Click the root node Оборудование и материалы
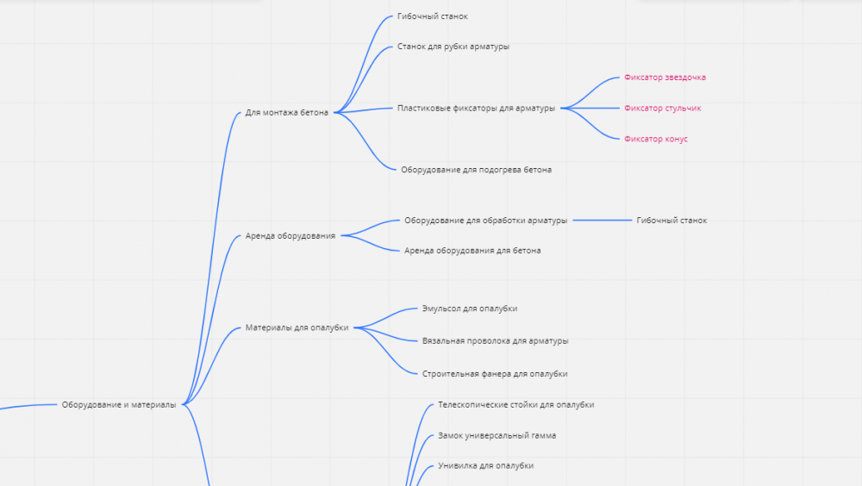pyautogui.click(x=119, y=405)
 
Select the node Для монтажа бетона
pyautogui.click(x=286, y=112)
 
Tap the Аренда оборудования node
pyautogui.click(x=290, y=236)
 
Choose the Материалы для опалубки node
pyautogui.click(x=297, y=327)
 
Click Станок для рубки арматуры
pyautogui.click(x=453, y=47)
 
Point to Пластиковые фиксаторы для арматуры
pyautogui.click(x=476, y=109)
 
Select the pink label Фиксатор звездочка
pyautogui.click(x=665, y=78)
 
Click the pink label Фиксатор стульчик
pyautogui.click(x=662, y=109)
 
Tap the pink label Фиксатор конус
pyautogui.click(x=656, y=139)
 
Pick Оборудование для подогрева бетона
pyautogui.click(x=476, y=170)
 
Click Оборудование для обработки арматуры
pyautogui.click(x=485, y=221)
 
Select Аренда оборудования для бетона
pyautogui.click(x=472, y=251)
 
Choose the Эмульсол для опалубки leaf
pyautogui.click(x=470, y=308)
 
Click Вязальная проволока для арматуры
pyautogui.click(x=496, y=341)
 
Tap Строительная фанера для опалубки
pyautogui.click(x=495, y=374)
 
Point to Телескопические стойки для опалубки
pyautogui.click(x=515, y=405)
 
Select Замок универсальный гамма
pyautogui.click(x=497, y=435)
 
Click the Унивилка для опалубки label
pyautogui.click(x=485, y=465)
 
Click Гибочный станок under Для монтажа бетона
pyautogui.click(x=432, y=16)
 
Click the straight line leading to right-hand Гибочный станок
pyautogui.click(x=603, y=221)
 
